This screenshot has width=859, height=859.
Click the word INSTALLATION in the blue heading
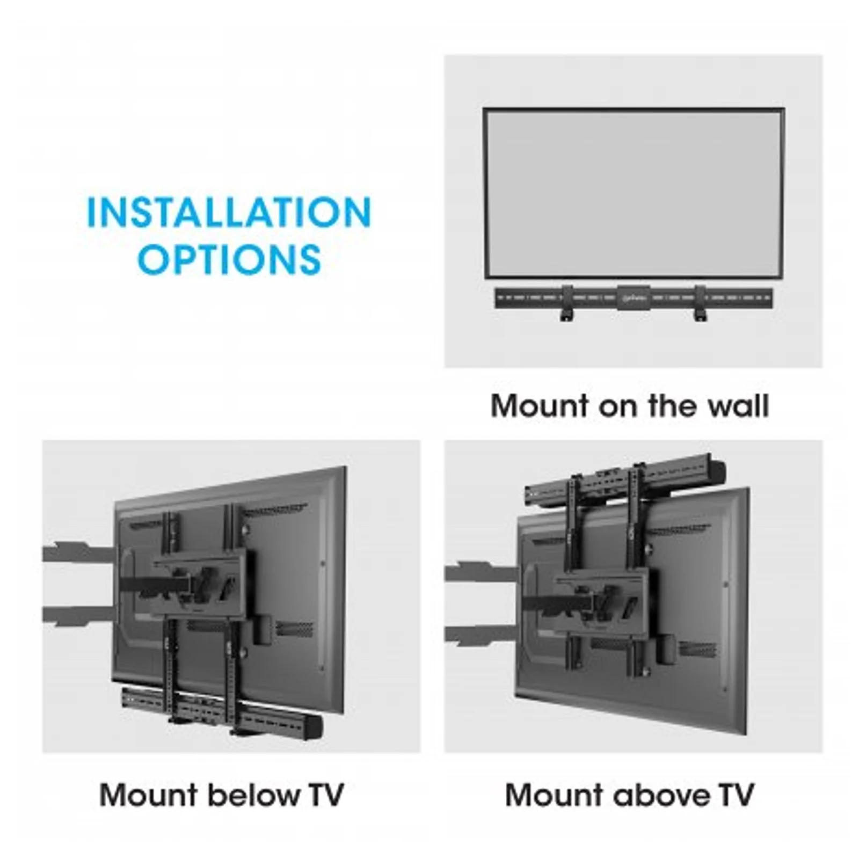tap(229, 212)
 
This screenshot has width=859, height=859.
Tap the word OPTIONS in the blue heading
tap(229, 259)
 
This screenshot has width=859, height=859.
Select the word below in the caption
tap(253, 795)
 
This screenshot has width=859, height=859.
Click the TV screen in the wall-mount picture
tap(634, 193)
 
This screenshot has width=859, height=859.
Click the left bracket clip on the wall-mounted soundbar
tap(567, 303)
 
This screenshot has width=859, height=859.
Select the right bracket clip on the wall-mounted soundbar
tap(700, 303)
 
